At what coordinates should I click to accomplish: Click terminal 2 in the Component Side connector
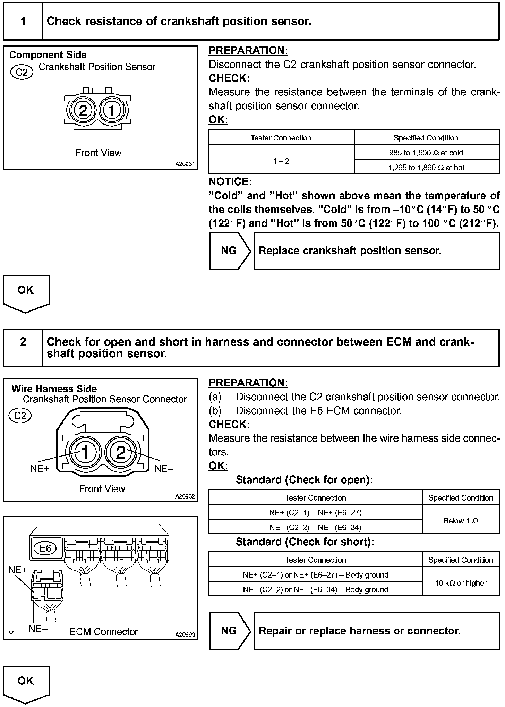(83, 111)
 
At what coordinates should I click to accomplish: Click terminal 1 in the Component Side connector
(112, 111)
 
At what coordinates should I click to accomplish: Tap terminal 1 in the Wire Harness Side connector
(85, 452)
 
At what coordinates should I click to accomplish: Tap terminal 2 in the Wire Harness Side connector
(120, 452)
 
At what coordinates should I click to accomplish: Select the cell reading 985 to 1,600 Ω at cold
(426, 153)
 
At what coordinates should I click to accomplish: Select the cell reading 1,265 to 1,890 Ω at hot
(426, 168)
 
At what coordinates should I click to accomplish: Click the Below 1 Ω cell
(461, 521)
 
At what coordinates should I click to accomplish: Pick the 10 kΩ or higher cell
(461, 583)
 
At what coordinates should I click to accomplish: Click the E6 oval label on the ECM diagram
(45, 548)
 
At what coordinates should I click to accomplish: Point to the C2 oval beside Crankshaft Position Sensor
(22, 72)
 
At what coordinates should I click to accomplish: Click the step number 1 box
(23, 22)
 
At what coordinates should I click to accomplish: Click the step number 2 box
(23, 342)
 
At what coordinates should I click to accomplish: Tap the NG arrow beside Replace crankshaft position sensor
(229, 251)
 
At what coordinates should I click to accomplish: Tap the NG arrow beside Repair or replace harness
(229, 631)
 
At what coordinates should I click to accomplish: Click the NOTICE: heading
(230, 182)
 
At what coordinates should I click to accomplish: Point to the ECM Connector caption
(103, 632)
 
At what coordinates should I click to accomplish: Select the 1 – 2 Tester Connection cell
(281, 161)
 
